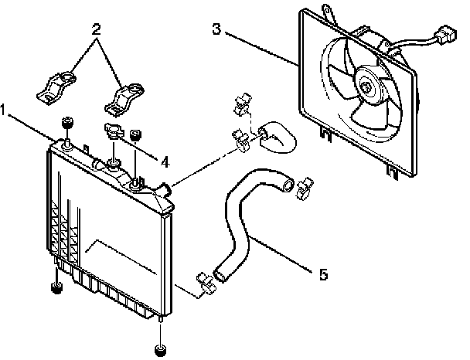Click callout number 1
click(5, 111)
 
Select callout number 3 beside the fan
click(217, 30)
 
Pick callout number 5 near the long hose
click(323, 273)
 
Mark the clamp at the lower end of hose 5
click(206, 284)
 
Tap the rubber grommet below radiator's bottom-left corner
click(56, 289)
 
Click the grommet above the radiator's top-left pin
click(67, 125)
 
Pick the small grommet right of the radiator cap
click(137, 136)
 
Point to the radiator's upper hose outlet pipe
click(165, 188)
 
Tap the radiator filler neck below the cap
click(114, 162)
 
